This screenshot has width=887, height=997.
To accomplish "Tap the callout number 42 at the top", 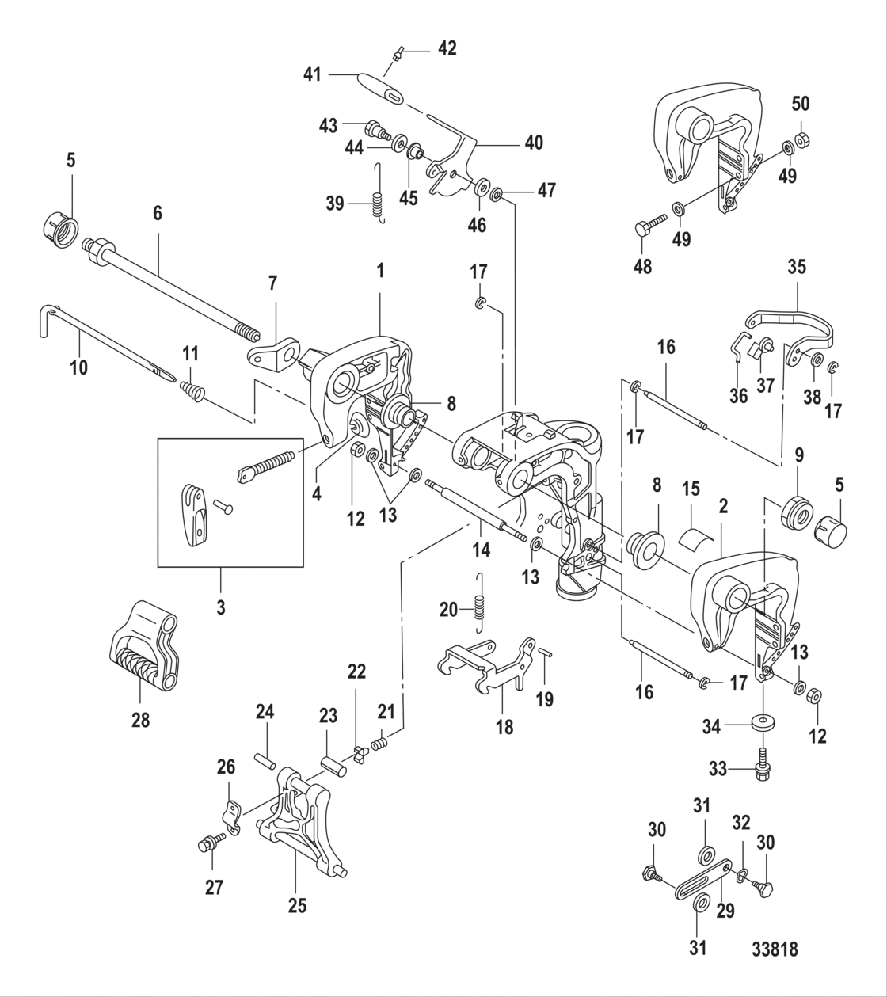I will [x=447, y=48].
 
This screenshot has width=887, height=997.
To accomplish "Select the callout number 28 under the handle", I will [x=140, y=719].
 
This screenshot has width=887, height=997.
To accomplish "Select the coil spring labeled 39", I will [x=378, y=204].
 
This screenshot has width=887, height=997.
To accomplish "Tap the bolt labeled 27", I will [x=208, y=844].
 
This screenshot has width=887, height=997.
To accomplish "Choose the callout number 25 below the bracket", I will [x=297, y=904].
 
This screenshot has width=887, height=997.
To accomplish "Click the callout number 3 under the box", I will [x=221, y=608].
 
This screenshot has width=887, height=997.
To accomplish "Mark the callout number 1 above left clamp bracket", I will [x=380, y=270].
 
